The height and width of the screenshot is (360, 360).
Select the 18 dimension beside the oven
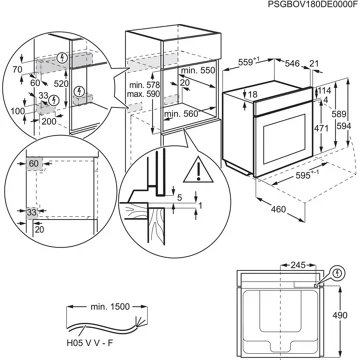[253, 94]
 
